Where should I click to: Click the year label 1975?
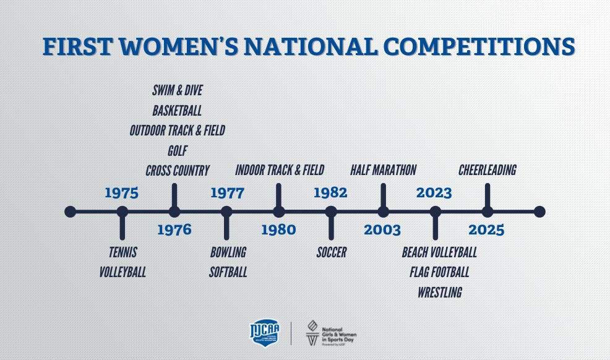click(x=121, y=193)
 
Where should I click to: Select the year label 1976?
click(x=174, y=230)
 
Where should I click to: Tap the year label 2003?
click(x=382, y=230)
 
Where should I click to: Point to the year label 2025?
click(x=486, y=230)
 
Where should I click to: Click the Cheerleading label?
click(x=487, y=169)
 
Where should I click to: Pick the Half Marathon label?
click(x=383, y=169)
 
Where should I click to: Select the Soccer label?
click(x=331, y=252)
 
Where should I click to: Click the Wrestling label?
click(x=439, y=292)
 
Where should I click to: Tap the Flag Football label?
click(x=439, y=272)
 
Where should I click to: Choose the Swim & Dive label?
click(x=177, y=91)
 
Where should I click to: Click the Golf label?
click(x=177, y=150)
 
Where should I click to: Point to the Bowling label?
click(x=228, y=252)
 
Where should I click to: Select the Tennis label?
click(x=122, y=252)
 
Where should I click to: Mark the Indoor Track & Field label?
click(x=280, y=169)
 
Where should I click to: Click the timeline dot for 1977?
click(x=226, y=212)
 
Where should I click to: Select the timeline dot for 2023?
click(x=435, y=212)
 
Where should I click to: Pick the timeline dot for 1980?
click(x=278, y=212)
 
